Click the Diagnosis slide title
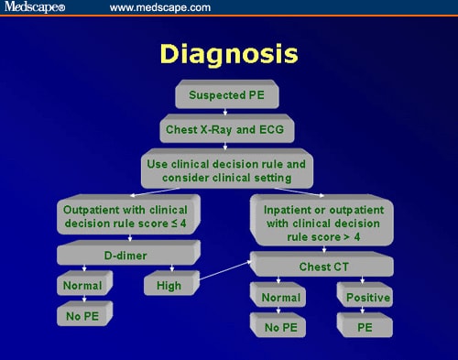tap(228, 54)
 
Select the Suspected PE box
tap(228, 95)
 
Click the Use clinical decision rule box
tap(228, 168)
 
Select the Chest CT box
tap(322, 266)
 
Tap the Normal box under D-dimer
tap(82, 286)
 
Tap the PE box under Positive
tap(364, 325)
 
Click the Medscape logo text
tap(33, 8)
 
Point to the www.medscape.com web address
tap(159, 8)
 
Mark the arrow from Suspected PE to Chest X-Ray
tap(228, 112)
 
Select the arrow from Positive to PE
tap(364, 311)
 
